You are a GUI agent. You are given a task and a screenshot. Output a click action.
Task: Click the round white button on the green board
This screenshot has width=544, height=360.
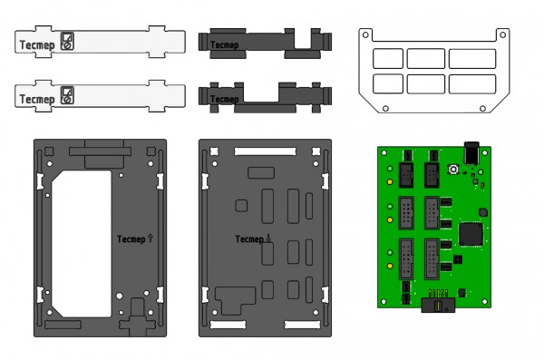(x=452, y=170)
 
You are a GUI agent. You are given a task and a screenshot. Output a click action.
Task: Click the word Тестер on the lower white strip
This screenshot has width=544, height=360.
(x=37, y=97)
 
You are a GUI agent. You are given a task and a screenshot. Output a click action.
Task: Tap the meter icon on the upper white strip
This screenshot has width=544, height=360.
(x=68, y=39)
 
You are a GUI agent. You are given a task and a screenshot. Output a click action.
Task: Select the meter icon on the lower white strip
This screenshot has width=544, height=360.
(x=68, y=95)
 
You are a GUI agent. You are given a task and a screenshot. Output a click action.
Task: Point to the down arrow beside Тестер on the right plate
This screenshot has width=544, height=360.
(x=268, y=238)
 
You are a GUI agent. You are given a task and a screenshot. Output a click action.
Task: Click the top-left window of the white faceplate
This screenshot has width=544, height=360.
(x=387, y=58)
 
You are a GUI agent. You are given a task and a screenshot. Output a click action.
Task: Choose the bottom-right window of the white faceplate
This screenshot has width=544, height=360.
(x=472, y=83)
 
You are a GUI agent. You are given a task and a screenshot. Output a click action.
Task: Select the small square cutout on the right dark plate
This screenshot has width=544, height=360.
(x=240, y=205)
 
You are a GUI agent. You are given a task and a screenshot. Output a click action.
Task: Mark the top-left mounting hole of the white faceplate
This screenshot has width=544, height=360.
(x=365, y=34)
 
